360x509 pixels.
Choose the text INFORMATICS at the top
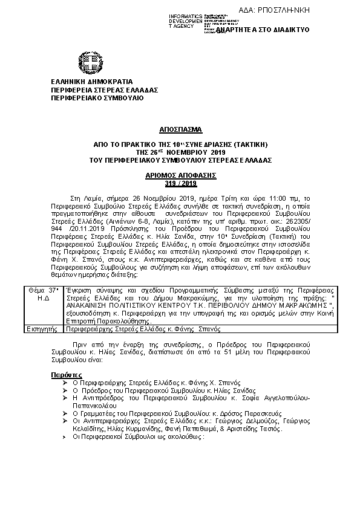coord(185,15)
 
